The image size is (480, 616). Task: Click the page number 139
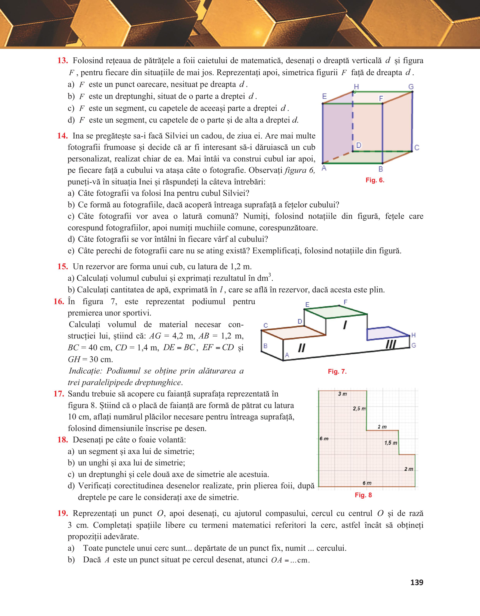[417, 582]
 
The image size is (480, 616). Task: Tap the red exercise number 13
[63, 61]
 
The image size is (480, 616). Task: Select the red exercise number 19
[63, 513]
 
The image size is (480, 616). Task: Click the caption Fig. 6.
[375, 180]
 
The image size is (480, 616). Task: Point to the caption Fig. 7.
[337, 372]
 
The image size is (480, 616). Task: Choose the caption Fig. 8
[363, 495]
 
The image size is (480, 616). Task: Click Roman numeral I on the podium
[345, 325]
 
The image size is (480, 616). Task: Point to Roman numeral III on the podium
[391, 344]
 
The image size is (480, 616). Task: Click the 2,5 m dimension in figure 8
[359, 409]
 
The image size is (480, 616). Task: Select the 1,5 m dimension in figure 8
[391, 443]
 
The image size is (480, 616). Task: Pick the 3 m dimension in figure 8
[342, 394]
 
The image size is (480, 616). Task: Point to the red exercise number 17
[59, 394]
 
